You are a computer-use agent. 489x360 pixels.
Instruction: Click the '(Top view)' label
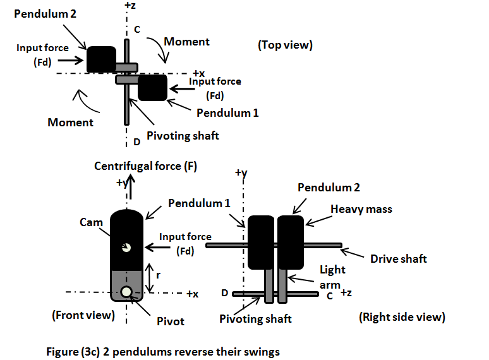point(286,45)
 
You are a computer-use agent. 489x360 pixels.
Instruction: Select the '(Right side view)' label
point(401,317)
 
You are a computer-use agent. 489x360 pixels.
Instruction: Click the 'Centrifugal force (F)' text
point(146,166)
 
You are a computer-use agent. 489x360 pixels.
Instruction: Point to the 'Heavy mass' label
point(361,208)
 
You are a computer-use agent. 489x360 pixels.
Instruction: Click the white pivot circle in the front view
point(127,292)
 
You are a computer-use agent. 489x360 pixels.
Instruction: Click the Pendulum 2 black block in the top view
point(101,59)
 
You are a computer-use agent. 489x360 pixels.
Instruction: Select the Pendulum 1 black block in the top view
point(152,87)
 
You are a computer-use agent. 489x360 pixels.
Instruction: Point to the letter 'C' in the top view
point(136,30)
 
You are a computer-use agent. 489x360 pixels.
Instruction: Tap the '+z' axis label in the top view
point(130,6)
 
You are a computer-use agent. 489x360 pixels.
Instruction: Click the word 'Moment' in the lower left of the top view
point(70,122)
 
